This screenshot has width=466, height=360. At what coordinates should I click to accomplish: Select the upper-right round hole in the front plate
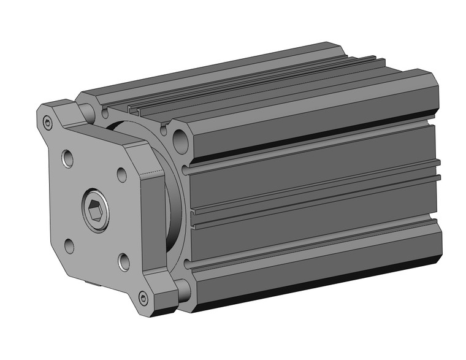(x=120, y=174)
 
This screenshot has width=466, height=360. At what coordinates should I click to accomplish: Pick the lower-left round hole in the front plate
(x=69, y=247)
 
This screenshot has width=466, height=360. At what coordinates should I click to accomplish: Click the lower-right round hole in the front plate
(x=124, y=262)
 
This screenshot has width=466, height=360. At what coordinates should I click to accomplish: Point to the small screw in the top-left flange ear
(x=48, y=124)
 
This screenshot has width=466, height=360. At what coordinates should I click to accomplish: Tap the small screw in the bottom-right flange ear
(x=143, y=299)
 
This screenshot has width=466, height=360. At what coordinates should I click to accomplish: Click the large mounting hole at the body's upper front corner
(x=180, y=144)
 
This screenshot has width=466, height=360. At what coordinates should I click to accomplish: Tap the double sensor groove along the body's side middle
(x=313, y=187)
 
